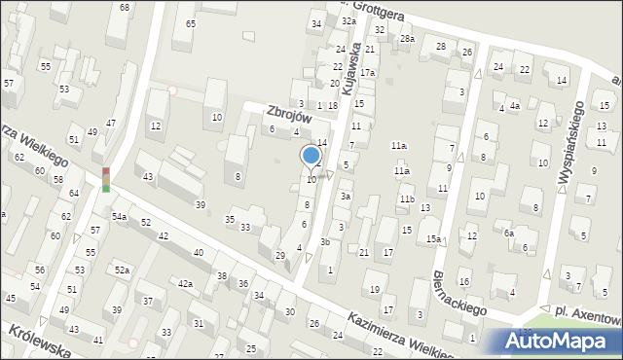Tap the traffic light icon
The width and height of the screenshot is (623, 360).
pyautogui.click(x=106, y=178)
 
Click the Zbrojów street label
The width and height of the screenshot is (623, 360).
pyautogui.click(x=288, y=114)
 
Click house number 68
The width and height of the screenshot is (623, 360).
pyautogui.click(x=124, y=7)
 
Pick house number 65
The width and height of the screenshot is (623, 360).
pyautogui.click(x=190, y=23)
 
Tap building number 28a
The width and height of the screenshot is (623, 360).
pyautogui.click(x=407, y=39)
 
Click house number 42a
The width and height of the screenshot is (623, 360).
pyautogui.click(x=185, y=283)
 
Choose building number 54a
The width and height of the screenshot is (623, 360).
pyautogui.click(x=119, y=216)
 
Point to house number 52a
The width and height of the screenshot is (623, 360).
pyautogui.click(x=122, y=270)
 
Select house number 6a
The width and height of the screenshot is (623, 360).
pyautogui.click(x=508, y=234)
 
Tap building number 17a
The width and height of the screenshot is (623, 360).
pyautogui.click(x=367, y=73)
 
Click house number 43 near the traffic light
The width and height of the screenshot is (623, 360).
pyautogui.click(x=148, y=176)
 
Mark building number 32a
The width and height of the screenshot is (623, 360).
pyautogui.click(x=348, y=20)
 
